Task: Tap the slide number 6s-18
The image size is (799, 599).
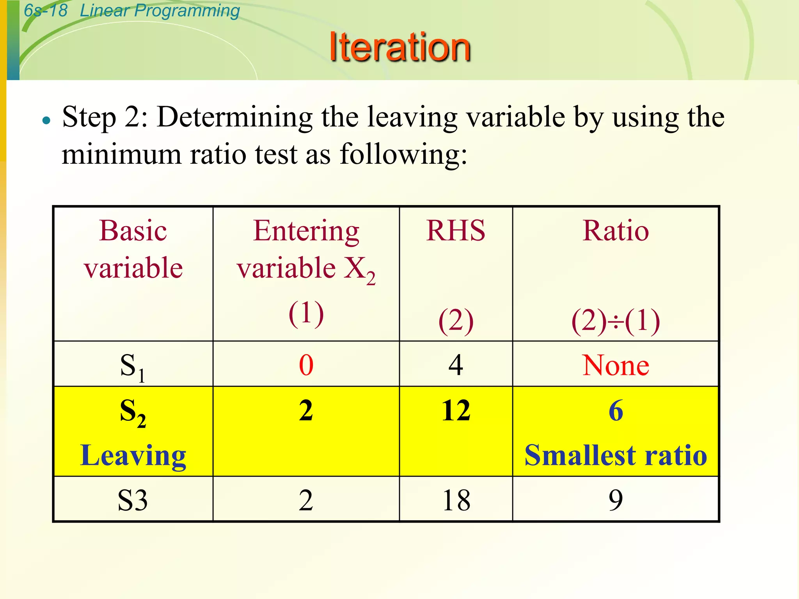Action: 45,11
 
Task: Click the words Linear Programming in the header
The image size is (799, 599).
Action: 160,11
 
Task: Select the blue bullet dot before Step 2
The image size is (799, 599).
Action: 46,120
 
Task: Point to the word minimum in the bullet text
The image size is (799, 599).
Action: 121,154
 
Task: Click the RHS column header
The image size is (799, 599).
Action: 456,231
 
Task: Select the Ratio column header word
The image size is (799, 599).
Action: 616,231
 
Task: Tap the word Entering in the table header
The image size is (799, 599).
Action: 306,231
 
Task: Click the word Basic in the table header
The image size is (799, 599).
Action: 133,231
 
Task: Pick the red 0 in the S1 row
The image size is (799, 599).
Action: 306,365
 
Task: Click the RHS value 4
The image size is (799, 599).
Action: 456,365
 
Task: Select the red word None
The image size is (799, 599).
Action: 616,365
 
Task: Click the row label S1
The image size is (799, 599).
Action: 132,367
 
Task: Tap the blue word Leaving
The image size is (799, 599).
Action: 133,455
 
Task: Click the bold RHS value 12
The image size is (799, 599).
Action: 456,410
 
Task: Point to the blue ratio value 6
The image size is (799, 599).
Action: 616,410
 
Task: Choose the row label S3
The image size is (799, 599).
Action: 133,500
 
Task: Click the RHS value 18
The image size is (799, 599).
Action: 456,500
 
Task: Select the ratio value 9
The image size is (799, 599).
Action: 616,500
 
